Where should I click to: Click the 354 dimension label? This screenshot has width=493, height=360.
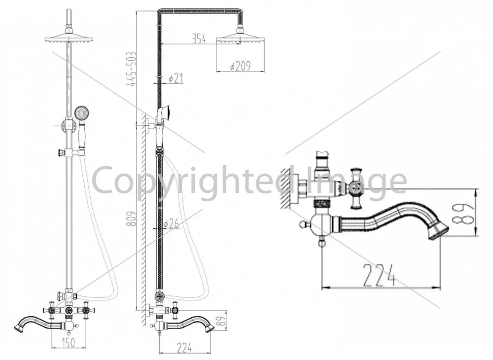(199, 39)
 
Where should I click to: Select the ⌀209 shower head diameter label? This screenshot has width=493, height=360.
(240, 66)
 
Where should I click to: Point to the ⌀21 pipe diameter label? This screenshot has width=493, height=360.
(176, 78)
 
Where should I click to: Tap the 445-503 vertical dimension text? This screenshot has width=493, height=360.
(132, 69)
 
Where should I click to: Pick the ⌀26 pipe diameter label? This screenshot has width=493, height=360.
(172, 223)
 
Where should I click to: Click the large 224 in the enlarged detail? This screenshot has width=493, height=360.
(379, 275)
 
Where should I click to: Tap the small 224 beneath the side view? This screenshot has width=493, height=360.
(184, 348)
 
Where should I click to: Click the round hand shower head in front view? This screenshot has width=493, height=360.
(81, 112)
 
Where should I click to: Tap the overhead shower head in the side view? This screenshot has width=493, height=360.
(240, 37)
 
